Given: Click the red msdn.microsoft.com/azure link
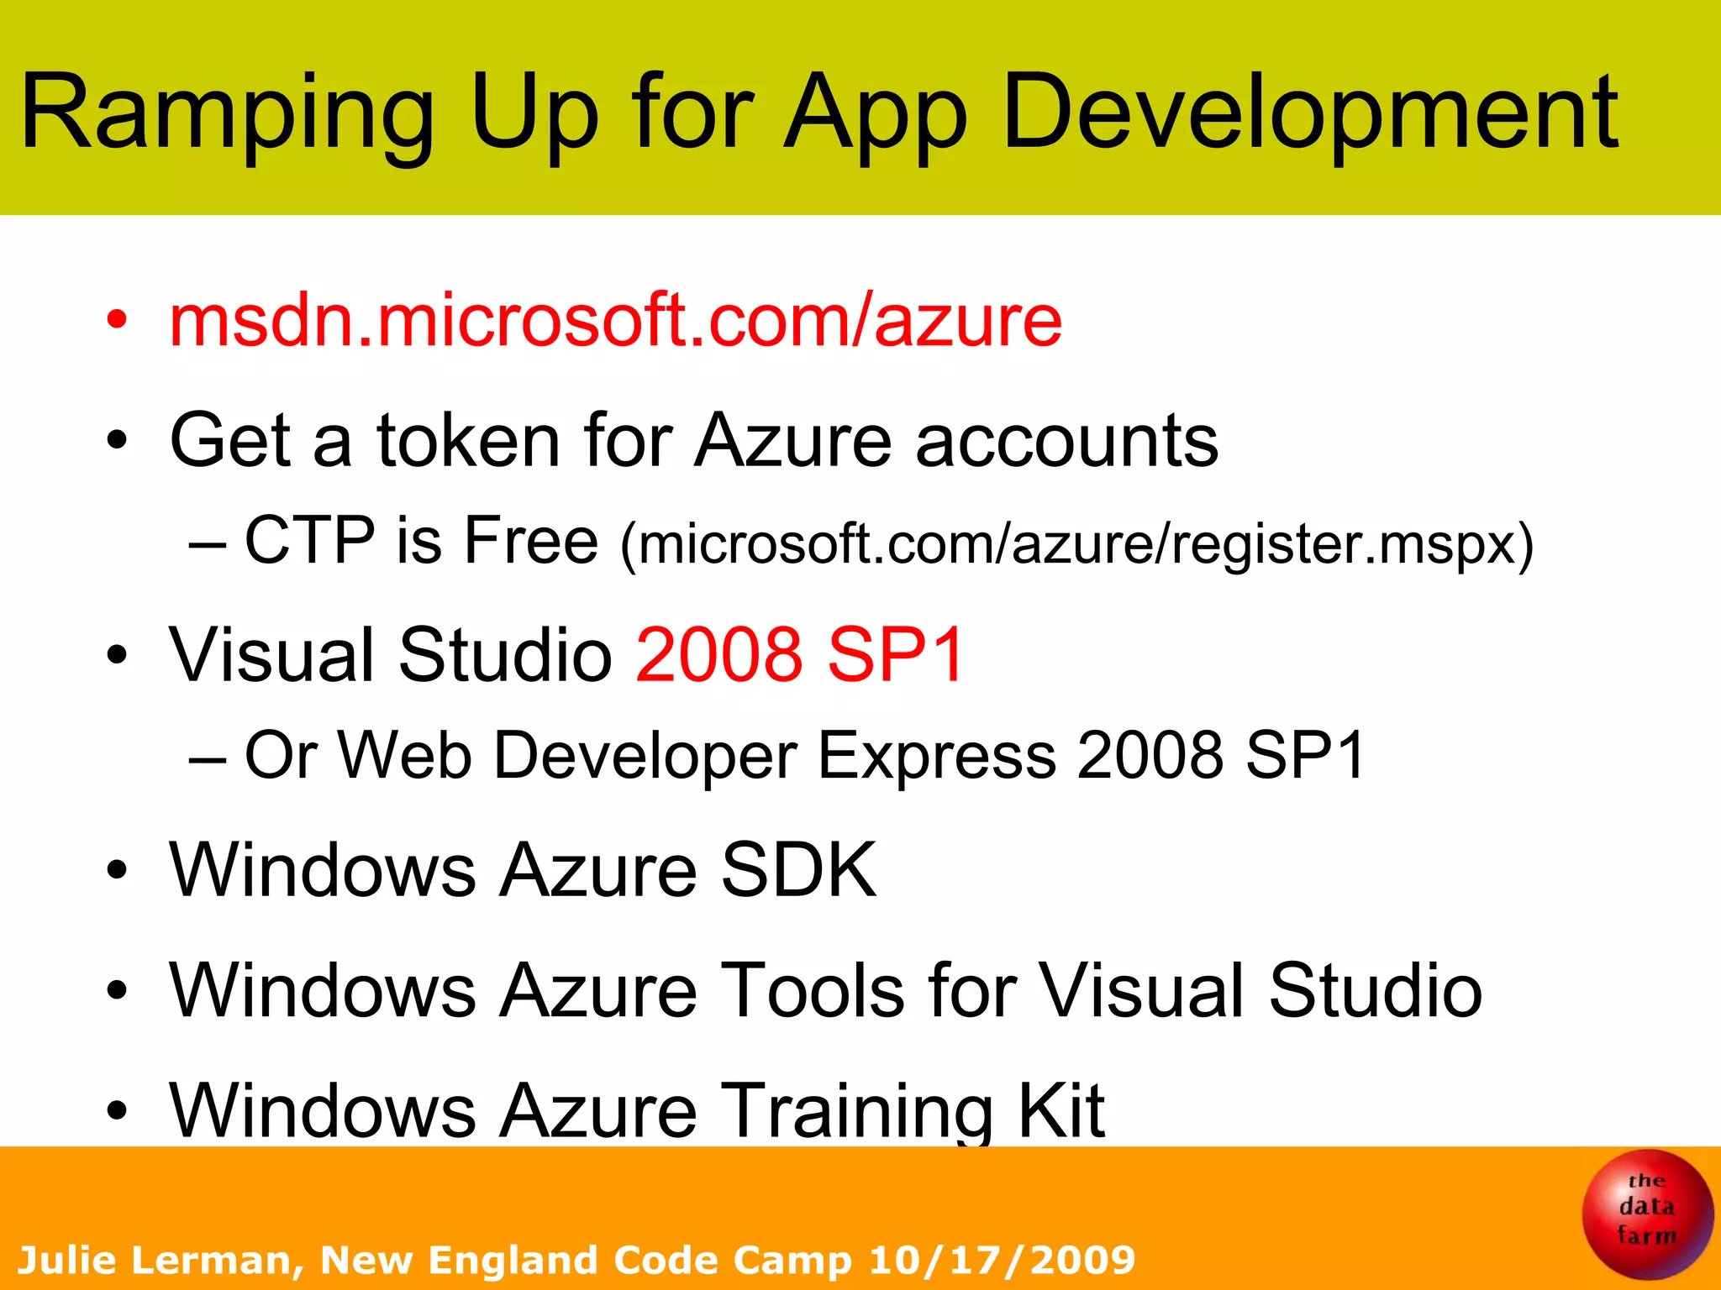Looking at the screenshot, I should [615, 320].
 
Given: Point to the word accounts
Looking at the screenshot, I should [1066, 442].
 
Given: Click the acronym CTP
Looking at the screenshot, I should [309, 540].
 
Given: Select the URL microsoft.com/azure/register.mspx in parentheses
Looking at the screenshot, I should [1077, 545].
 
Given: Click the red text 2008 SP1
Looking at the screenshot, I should [799, 654].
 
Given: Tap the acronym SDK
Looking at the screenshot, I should [798, 870].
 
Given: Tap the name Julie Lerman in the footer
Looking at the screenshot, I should [155, 1261].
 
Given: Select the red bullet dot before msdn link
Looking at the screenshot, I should [118, 320].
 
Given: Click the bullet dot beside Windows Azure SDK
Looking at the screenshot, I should [118, 870].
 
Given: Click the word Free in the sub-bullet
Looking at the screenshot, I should [530, 540].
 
